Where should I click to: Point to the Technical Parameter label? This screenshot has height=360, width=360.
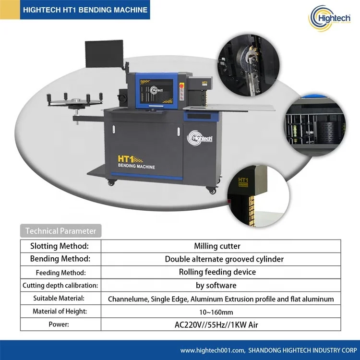(x=60, y=231)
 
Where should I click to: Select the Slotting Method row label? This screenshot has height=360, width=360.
(x=60, y=246)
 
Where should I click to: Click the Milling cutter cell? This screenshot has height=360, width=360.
(x=217, y=246)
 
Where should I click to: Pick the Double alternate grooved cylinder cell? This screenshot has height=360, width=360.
(x=224, y=259)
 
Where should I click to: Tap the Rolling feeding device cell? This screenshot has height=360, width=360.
(x=217, y=272)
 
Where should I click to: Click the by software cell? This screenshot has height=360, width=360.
(x=217, y=285)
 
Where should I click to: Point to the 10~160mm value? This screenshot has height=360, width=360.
(x=217, y=312)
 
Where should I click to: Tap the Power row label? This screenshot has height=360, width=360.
(x=60, y=324)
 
